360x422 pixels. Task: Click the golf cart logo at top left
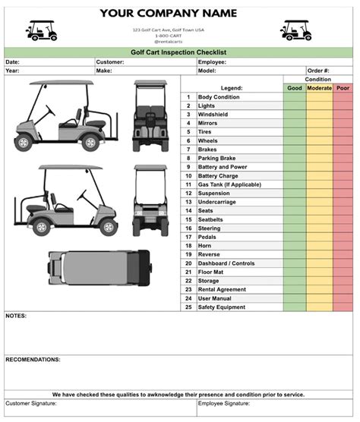pyautogui.click(x=41, y=30)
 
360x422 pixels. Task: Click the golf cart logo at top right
pyautogui.click(x=295, y=30)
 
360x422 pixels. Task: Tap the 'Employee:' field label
pyautogui.click(x=213, y=61)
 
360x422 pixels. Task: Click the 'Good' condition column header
pyautogui.click(x=295, y=88)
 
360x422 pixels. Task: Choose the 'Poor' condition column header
pyautogui.click(x=343, y=88)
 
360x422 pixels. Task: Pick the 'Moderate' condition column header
pyautogui.click(x=319, y=88)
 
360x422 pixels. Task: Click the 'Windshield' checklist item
pyautogui.click(x=213, y=115)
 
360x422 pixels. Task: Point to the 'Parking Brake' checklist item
pyautogui.click(x=218, y=158)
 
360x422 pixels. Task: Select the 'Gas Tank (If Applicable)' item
pyautogui.click(x=229, y=184)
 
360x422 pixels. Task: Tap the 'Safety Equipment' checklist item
pyautogui.click(x=222, y=307)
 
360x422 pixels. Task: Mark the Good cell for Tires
pyautogui.click(x=295, y=132)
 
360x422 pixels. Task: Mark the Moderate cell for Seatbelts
pyautogui.click(x=319, y=219)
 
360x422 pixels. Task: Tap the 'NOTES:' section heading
pyautogui.click(x=17, y=315)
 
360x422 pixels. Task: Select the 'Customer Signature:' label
pyautogui.click(x=33, y=404)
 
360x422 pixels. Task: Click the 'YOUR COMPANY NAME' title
pyautogui.click(x=168, y=13)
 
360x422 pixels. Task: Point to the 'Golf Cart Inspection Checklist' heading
pyautogui.click(x=179, y=52)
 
